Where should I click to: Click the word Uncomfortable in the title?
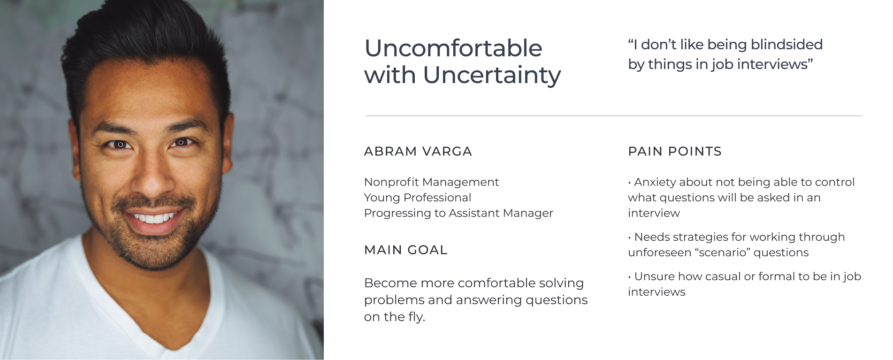coord(453,48)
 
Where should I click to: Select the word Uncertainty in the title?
coord(492,76)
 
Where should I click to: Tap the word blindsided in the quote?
coord(786,45)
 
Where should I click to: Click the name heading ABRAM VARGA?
coord(418,152)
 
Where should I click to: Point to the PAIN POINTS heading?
coord(675,152)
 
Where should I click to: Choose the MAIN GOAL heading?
coord(406,250)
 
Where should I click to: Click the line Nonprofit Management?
coord(431,182)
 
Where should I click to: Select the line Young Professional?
coord(418,198)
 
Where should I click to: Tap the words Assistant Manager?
coord(501,213)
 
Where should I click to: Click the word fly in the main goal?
coord(415,317)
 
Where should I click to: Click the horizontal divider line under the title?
coord(614,115)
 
